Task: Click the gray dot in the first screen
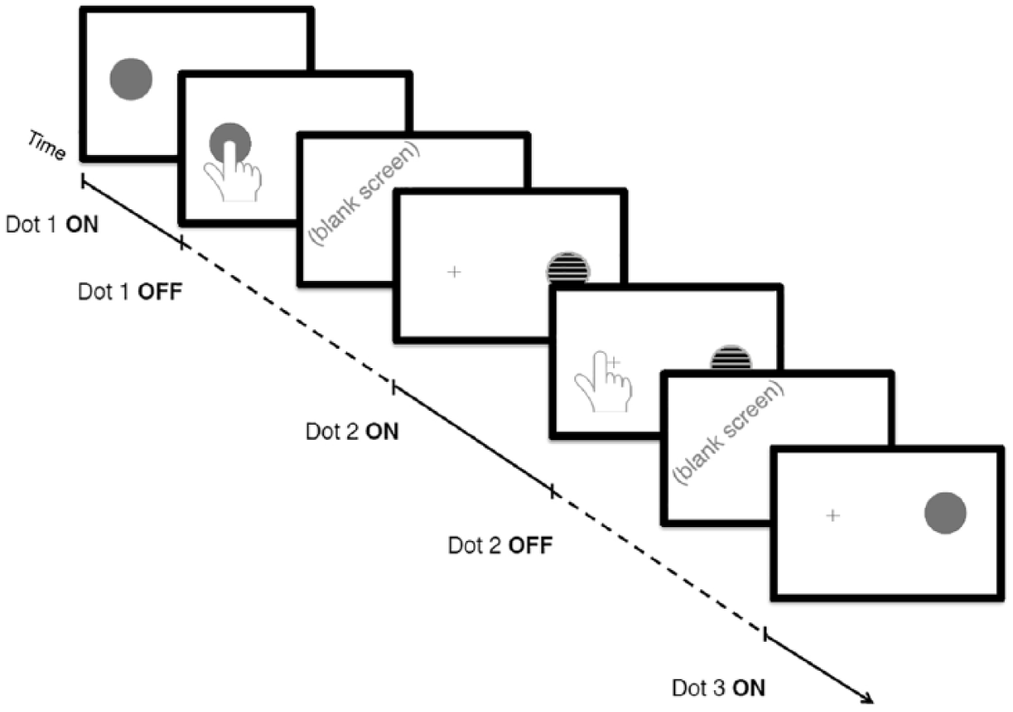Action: [x=131, y=79]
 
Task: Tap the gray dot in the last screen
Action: [x=945, y=513]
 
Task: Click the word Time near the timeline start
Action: [x=47, y=145]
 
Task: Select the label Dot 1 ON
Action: [x=52, y=224]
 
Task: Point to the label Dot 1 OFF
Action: [x=130, y=291]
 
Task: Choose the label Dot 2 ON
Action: [x=352, y=431]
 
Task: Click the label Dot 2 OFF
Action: [x=500, y=545]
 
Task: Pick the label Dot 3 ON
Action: [x=719, y=688]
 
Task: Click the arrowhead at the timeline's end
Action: [x=868, y=699]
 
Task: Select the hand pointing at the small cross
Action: [x=603, y=382]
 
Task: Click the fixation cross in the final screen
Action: [x=833, y=516]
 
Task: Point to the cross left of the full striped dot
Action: [x=454, y=272]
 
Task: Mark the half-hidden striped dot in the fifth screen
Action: [x=731, y=358]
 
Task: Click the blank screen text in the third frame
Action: [x=364, y=195]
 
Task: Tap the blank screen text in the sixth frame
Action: [x=729, y=433]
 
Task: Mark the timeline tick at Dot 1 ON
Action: [x=82, y=181]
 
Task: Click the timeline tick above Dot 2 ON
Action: [x=393, y=387]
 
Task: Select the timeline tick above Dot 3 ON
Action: [x=765, y=633]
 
